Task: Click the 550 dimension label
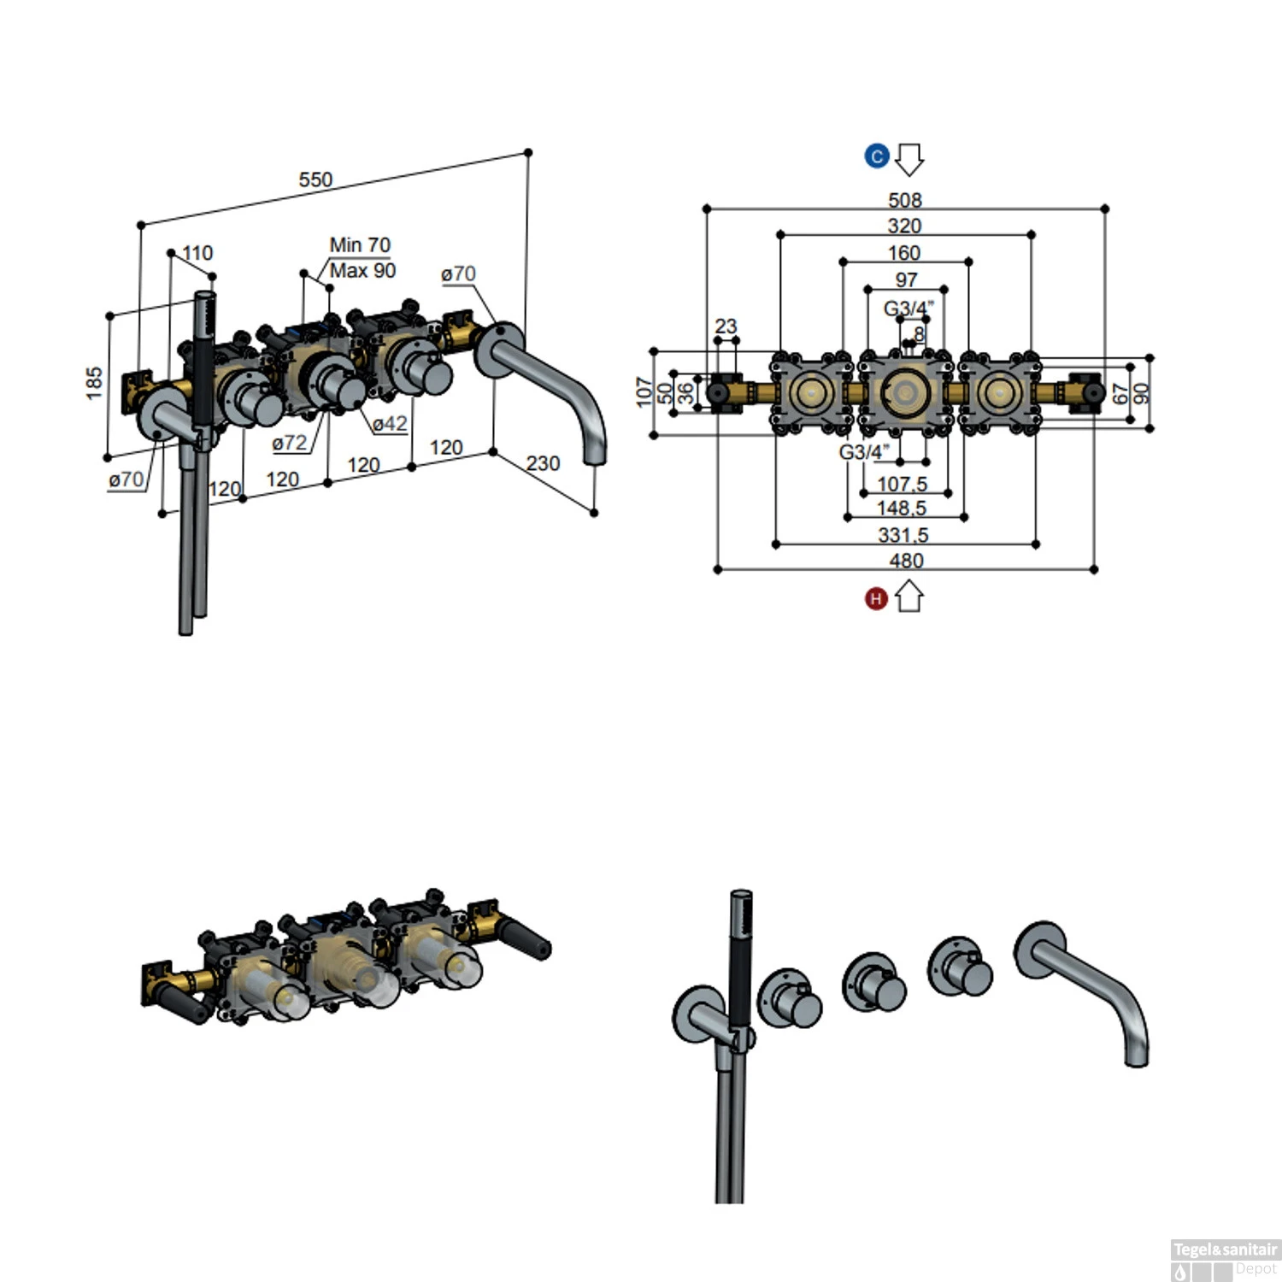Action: click(x=315, y=179)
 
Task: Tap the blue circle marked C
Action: click(x=877, y=156)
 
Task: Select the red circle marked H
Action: click(x=876, y=599)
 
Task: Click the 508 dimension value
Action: click(x=905, y=200)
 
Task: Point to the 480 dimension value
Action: click(x=906, y=561)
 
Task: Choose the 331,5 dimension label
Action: click(x=903, y=535)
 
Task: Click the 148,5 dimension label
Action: click(x=902, y=509)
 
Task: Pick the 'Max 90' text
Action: click(x=362, y=271)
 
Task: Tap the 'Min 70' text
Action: click(x=360, y=245)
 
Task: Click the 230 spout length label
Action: click(x=543, y=463)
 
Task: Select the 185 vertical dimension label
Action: click(x=94, y=382)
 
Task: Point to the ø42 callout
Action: click(x=390, y=424)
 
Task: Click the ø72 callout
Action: click(x=289, y=443)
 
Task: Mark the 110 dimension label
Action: click(x=197, y=253)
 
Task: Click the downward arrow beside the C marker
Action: click(x=909, y=159)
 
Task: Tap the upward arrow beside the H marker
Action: click(x=909, y=597)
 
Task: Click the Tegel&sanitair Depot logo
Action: click(x=1225, y=1260)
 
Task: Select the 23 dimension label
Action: click(x=726, y=326)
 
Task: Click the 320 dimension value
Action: click(x=904, y=226)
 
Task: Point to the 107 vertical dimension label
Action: click(x=644, y=392)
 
